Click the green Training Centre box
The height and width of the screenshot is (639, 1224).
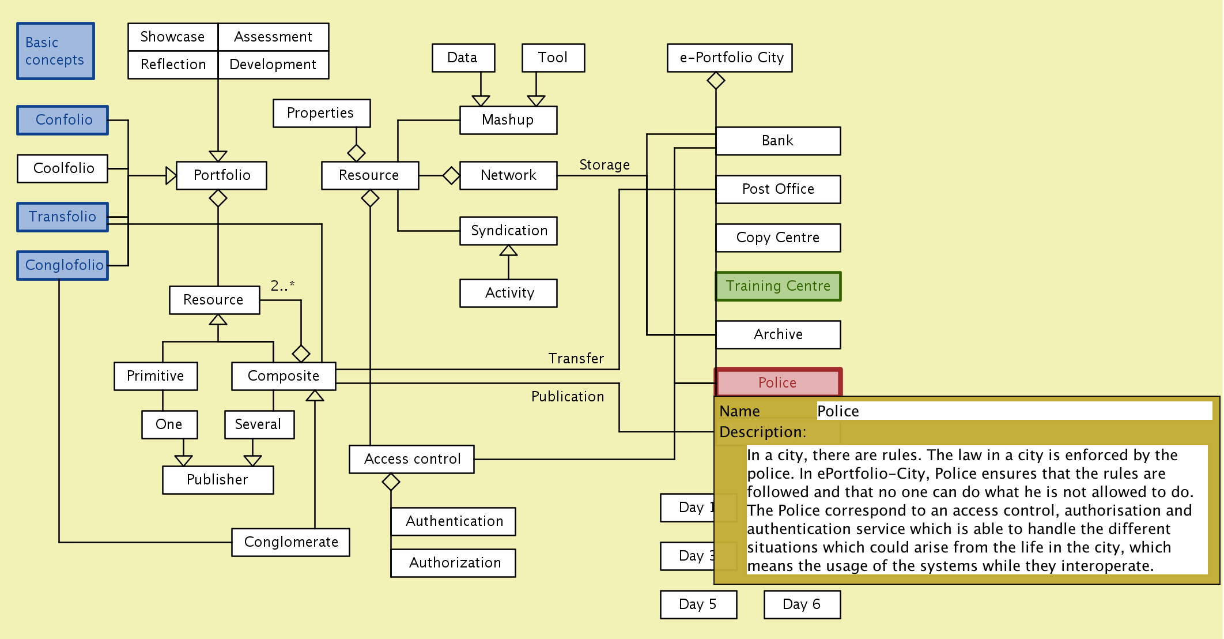pyautogui.click(x=778, y=286)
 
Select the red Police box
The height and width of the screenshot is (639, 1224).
pyautogui.click(x=778, y=382)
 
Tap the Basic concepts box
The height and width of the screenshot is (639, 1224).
pyautogui.click(x=55, y=51)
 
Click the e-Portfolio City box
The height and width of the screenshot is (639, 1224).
pyautogui.click(x=730, y=58)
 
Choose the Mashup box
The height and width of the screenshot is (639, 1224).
pyautogui.click(x=508, y=120)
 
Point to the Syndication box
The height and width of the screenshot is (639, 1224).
pyautogui.click(x=508, y=231)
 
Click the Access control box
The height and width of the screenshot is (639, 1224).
pyautogui.click(x=411, y=459)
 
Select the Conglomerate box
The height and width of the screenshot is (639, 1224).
pyautogui.click(x=290, y=542)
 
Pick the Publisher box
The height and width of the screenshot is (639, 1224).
pyautogui.click(x=218, y=480)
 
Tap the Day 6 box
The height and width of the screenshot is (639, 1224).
pyautogui.click(x=802, y=604)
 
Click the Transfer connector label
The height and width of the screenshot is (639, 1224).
pyautogui.click(x=576, y=359)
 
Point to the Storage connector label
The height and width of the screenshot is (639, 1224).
pyautogui.click(x=604, y=165)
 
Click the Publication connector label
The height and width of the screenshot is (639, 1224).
pyautogui.click(x=568, y=397)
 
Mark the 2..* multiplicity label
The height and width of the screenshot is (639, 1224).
pyautogui.click(x=282, y=285)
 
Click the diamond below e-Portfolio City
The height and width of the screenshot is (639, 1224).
pyautogui.click(x=716, y=81)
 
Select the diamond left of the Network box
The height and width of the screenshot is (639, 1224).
pyautogui.click(x=451, y=175)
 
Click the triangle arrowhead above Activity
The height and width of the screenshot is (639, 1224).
pyautogui.click(x=508, y=251)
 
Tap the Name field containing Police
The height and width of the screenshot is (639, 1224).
pyautogui.click(x=1014, y=411)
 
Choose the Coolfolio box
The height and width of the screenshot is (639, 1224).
pyautogui.click(x=63, y=168)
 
